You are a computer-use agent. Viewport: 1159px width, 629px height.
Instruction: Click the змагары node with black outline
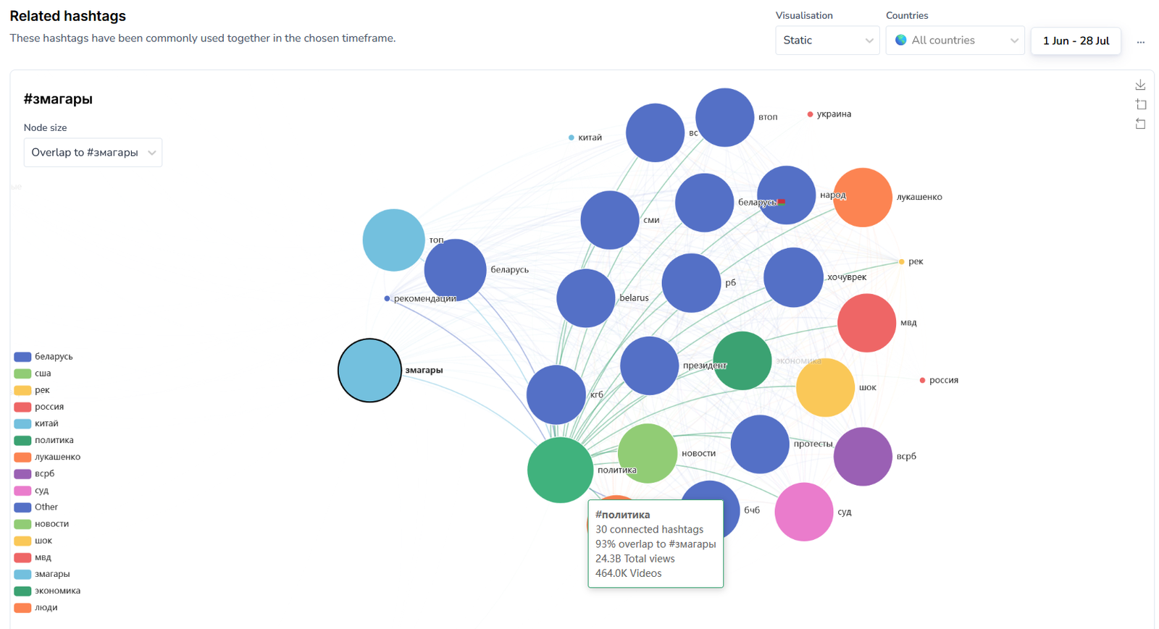(x=369, y=370)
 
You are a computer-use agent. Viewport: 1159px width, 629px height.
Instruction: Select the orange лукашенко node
(x=862, y=198)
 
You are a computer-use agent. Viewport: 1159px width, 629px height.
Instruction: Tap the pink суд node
(x=803, y=512)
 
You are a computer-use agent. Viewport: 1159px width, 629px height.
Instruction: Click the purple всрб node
(x=862, y=456)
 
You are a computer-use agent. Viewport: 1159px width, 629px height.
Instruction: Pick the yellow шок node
(x=825, y=387)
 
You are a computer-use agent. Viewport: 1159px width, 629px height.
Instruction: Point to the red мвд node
(x=866, y=323)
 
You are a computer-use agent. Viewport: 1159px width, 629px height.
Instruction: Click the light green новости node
(x=647, y=453)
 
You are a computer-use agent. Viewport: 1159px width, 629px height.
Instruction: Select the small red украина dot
(x=810, y=114)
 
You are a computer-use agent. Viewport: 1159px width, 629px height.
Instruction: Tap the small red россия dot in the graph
(x=922, y=380)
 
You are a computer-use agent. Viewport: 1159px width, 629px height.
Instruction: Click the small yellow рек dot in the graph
(x=901, y=261)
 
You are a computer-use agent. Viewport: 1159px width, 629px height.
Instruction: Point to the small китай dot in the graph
(x=572, y=138)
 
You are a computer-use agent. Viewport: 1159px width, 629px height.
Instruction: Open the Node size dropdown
(x=93, y=153)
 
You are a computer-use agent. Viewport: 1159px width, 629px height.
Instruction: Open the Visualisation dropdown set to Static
(x=827, y=41)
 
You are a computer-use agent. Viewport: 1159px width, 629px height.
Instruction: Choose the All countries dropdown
(x=955, y=41)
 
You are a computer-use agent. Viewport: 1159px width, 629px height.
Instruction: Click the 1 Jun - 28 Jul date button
(x=1076, y=41)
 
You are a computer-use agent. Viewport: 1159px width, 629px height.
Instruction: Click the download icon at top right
(x=1140, y=85)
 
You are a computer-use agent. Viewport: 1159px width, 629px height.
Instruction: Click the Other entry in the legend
(x=46, y=507)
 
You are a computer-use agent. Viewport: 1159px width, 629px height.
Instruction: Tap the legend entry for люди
(x=46, y=607)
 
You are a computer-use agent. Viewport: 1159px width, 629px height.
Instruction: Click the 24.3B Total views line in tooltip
(x=635, y=559)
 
